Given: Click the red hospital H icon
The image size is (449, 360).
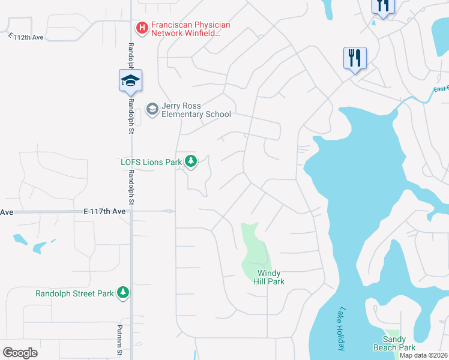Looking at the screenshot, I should point(142,27).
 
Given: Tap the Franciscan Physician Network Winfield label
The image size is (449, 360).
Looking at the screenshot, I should point(191,29).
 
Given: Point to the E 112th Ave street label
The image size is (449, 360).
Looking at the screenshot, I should point(27,37).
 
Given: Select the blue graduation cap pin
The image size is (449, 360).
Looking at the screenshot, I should point(130,81).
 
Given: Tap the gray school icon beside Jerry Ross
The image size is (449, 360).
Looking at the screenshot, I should point(152,109).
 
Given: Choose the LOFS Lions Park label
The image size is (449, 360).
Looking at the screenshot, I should point(151,161).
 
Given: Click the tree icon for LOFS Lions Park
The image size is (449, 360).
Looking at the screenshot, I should point(191,161).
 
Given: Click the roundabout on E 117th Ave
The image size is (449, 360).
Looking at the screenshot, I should point(170,211).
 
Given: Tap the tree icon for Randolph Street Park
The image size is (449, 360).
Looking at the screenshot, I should point(123,292).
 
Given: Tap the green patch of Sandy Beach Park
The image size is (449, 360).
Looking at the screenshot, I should point(392,334).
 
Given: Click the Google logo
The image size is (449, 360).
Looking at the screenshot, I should point(20,352).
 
